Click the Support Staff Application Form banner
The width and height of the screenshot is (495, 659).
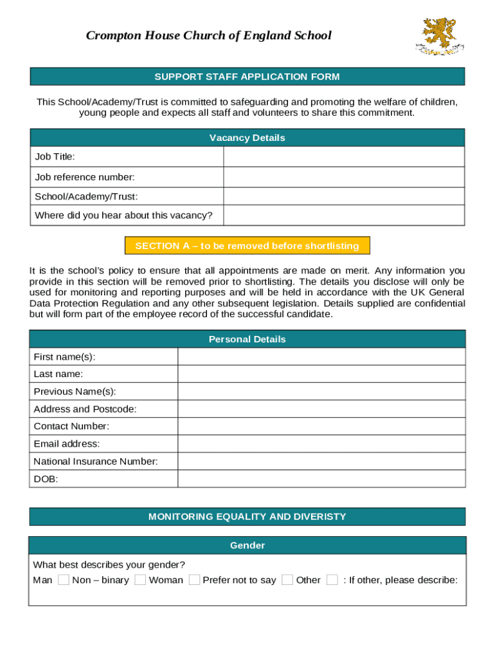247,77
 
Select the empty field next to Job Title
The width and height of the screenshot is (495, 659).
343,157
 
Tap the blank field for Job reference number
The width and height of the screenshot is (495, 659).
343,177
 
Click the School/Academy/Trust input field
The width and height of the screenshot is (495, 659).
343,196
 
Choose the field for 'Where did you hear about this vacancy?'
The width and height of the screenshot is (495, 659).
343,216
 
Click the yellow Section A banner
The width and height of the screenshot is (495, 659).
247,246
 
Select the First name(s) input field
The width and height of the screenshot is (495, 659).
321,357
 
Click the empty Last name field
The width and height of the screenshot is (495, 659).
321,374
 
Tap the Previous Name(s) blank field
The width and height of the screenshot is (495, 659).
321,391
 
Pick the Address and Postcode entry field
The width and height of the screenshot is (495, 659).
321,409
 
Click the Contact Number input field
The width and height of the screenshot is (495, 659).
321,426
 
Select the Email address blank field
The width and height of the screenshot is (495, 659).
321,443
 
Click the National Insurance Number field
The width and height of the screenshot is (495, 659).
321,461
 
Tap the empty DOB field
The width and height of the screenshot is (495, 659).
321,479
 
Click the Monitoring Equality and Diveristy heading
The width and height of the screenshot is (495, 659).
247,517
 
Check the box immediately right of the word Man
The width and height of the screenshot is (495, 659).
63,580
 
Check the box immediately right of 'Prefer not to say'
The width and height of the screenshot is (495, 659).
287,580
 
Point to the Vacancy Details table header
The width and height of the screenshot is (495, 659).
247,138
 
